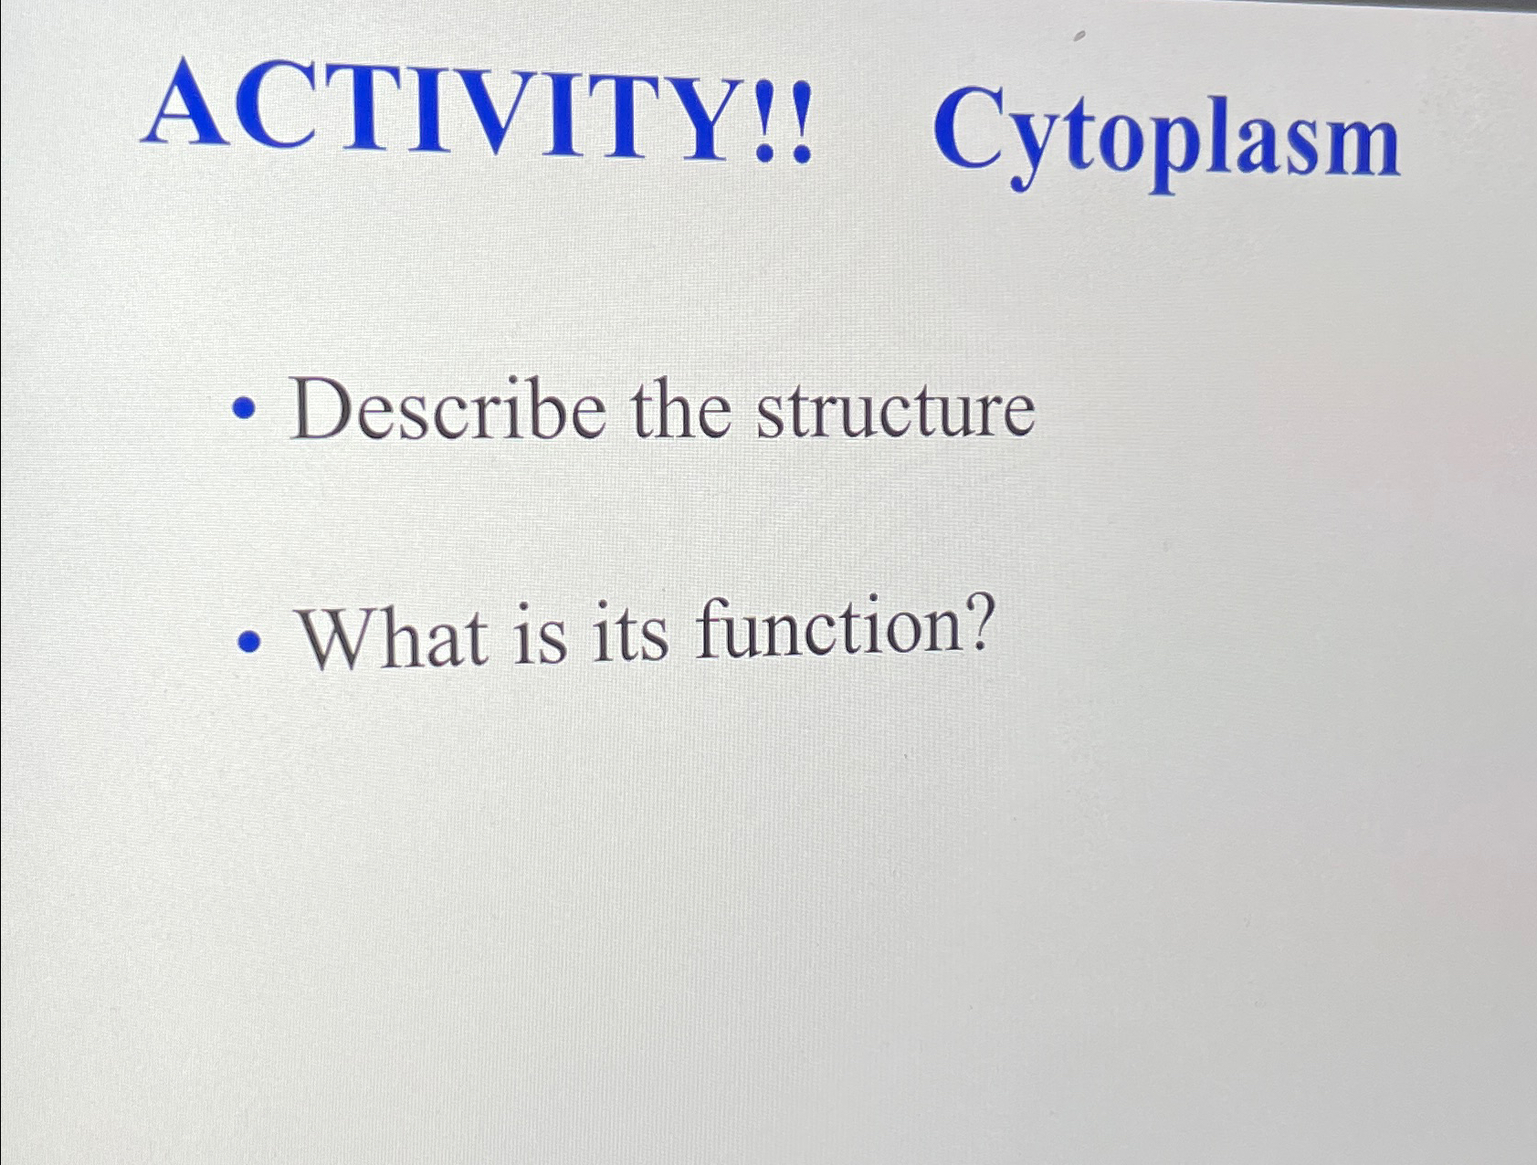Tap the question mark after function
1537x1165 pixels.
point(975,623)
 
